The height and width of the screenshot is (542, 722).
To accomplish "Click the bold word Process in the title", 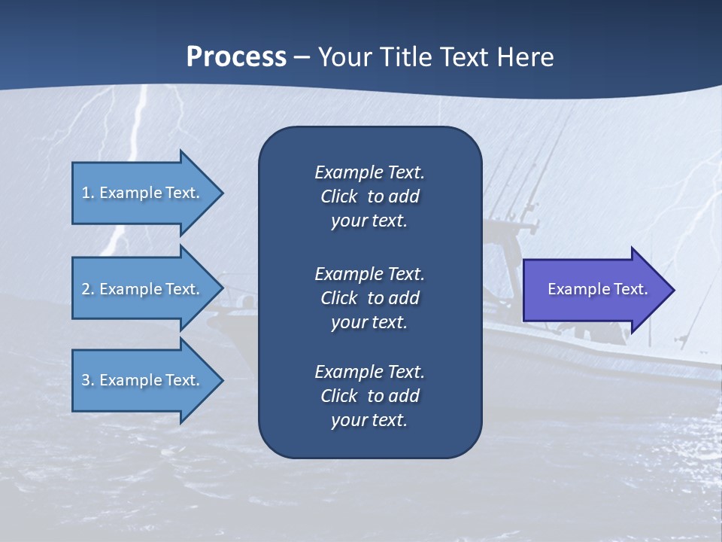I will point(236,57).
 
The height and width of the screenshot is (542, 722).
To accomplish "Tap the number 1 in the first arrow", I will point(86,193).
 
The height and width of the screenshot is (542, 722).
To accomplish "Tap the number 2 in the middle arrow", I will point(86,289).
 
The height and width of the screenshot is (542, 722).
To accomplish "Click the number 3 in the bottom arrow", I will point(86,380).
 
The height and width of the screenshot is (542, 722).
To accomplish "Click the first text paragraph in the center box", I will point(369,196).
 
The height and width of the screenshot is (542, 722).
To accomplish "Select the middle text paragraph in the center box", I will point(369,298).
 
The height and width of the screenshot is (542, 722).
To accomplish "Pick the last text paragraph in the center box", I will point(369,396).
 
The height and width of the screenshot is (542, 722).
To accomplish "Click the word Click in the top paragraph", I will point(338,196).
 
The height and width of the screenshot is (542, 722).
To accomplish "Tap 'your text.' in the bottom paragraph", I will point(369,420).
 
